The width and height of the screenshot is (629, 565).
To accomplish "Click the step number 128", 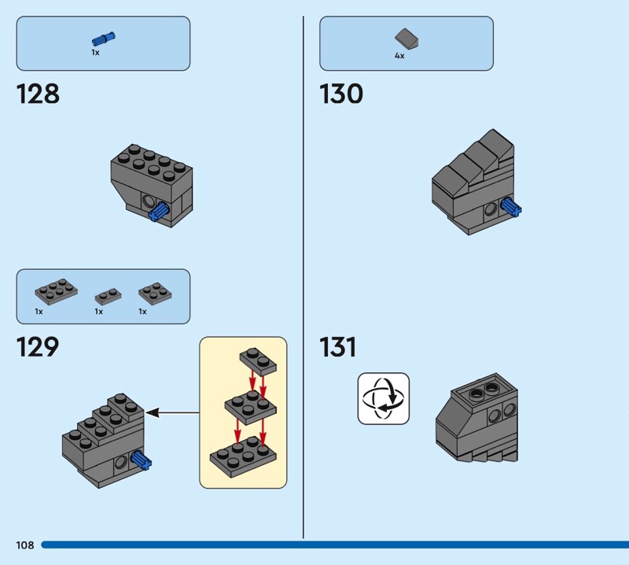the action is coord(38,94).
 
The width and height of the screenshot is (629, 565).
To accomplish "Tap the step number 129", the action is coord(38,347).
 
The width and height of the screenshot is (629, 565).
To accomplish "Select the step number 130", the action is coord(341,94).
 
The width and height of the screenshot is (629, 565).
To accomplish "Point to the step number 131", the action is coord(338,347).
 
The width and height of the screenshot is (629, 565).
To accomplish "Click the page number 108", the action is coord(25,545).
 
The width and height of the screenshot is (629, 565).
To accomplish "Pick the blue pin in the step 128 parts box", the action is coord(103,39).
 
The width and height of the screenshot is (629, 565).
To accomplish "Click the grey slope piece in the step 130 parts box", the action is coord(406,39).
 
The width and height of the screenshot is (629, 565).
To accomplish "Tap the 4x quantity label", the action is coord(399,56).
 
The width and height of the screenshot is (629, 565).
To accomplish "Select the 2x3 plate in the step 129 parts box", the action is coord(56,290).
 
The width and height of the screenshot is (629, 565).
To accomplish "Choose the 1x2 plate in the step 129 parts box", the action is coord(108,297).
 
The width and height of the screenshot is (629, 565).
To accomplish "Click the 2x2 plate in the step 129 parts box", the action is coord(155,293).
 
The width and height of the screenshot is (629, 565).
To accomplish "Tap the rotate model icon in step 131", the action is coord(384,398).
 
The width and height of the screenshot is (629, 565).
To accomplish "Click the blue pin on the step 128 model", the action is coord(159,211).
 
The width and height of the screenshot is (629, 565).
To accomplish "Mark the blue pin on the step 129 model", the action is coord(141,460).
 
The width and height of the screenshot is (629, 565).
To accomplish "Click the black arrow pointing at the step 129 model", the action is coord(172,412).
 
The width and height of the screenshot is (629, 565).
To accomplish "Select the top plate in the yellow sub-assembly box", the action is coord(259,361).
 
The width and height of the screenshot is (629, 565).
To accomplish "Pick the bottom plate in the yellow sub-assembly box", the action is coord(243,456).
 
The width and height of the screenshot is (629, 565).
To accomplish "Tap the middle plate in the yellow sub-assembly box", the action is coord(251,408).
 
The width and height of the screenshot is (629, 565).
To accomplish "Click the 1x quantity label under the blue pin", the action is coord(95,53).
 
